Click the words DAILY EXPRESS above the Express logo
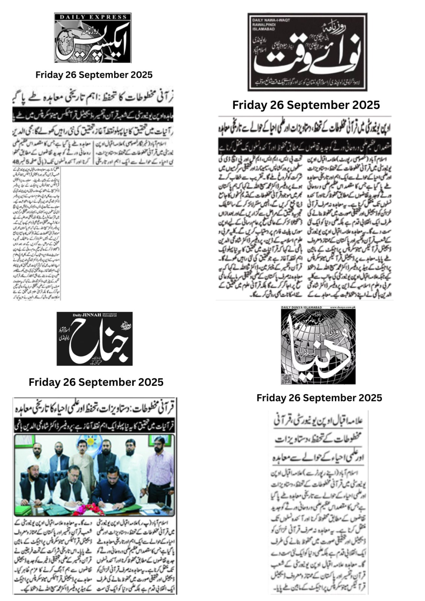(x=93, y=17)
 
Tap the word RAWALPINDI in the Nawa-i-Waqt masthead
(x=262, y=24)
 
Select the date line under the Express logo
(x=94, y=75)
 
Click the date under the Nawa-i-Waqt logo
(x=306, y=105)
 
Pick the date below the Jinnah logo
(x=96, y=382)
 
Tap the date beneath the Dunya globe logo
(x=319, y=398)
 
